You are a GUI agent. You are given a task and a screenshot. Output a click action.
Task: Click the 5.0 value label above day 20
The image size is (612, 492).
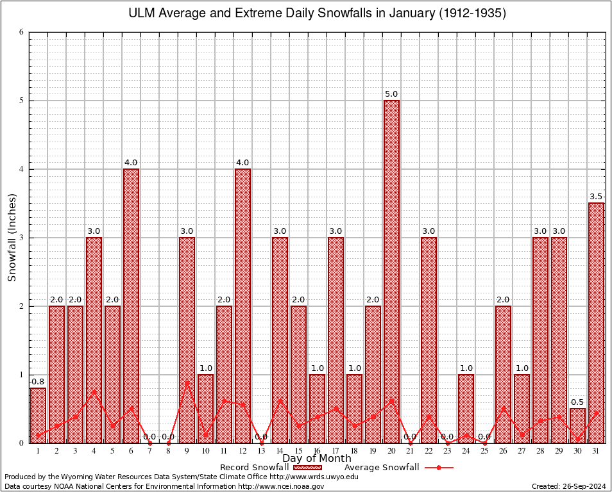click(391, 94)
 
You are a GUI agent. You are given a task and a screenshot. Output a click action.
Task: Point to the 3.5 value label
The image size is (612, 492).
click(596, 197)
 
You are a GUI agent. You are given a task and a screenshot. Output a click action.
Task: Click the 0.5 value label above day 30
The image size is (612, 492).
click(577, 402)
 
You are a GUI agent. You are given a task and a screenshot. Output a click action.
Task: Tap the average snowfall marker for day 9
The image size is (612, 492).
click(187, 382)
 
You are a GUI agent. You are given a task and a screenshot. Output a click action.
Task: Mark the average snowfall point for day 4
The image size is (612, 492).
click(94, 391)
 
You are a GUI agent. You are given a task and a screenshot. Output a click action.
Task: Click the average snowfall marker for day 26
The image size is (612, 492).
click(503, 408)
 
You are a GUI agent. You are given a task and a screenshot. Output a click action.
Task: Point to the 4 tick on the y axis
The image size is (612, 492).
click(21, 169)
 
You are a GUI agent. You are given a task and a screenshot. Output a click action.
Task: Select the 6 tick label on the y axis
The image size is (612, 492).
click(21, 32)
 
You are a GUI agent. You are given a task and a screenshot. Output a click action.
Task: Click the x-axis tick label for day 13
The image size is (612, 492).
click(261, 451)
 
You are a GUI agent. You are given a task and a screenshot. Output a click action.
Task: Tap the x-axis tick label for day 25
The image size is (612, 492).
click(484, 451)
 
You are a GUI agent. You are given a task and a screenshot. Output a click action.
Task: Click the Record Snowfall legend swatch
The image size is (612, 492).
click(308, 468)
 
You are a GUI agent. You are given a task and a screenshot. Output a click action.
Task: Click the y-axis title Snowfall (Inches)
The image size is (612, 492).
click(12, 238)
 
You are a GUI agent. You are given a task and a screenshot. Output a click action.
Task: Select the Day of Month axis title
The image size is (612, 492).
click(316, 459)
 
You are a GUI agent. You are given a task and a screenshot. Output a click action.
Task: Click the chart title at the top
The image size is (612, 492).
click(317, 13)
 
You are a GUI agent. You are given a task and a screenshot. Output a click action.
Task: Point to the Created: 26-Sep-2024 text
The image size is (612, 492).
click(568, 486)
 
